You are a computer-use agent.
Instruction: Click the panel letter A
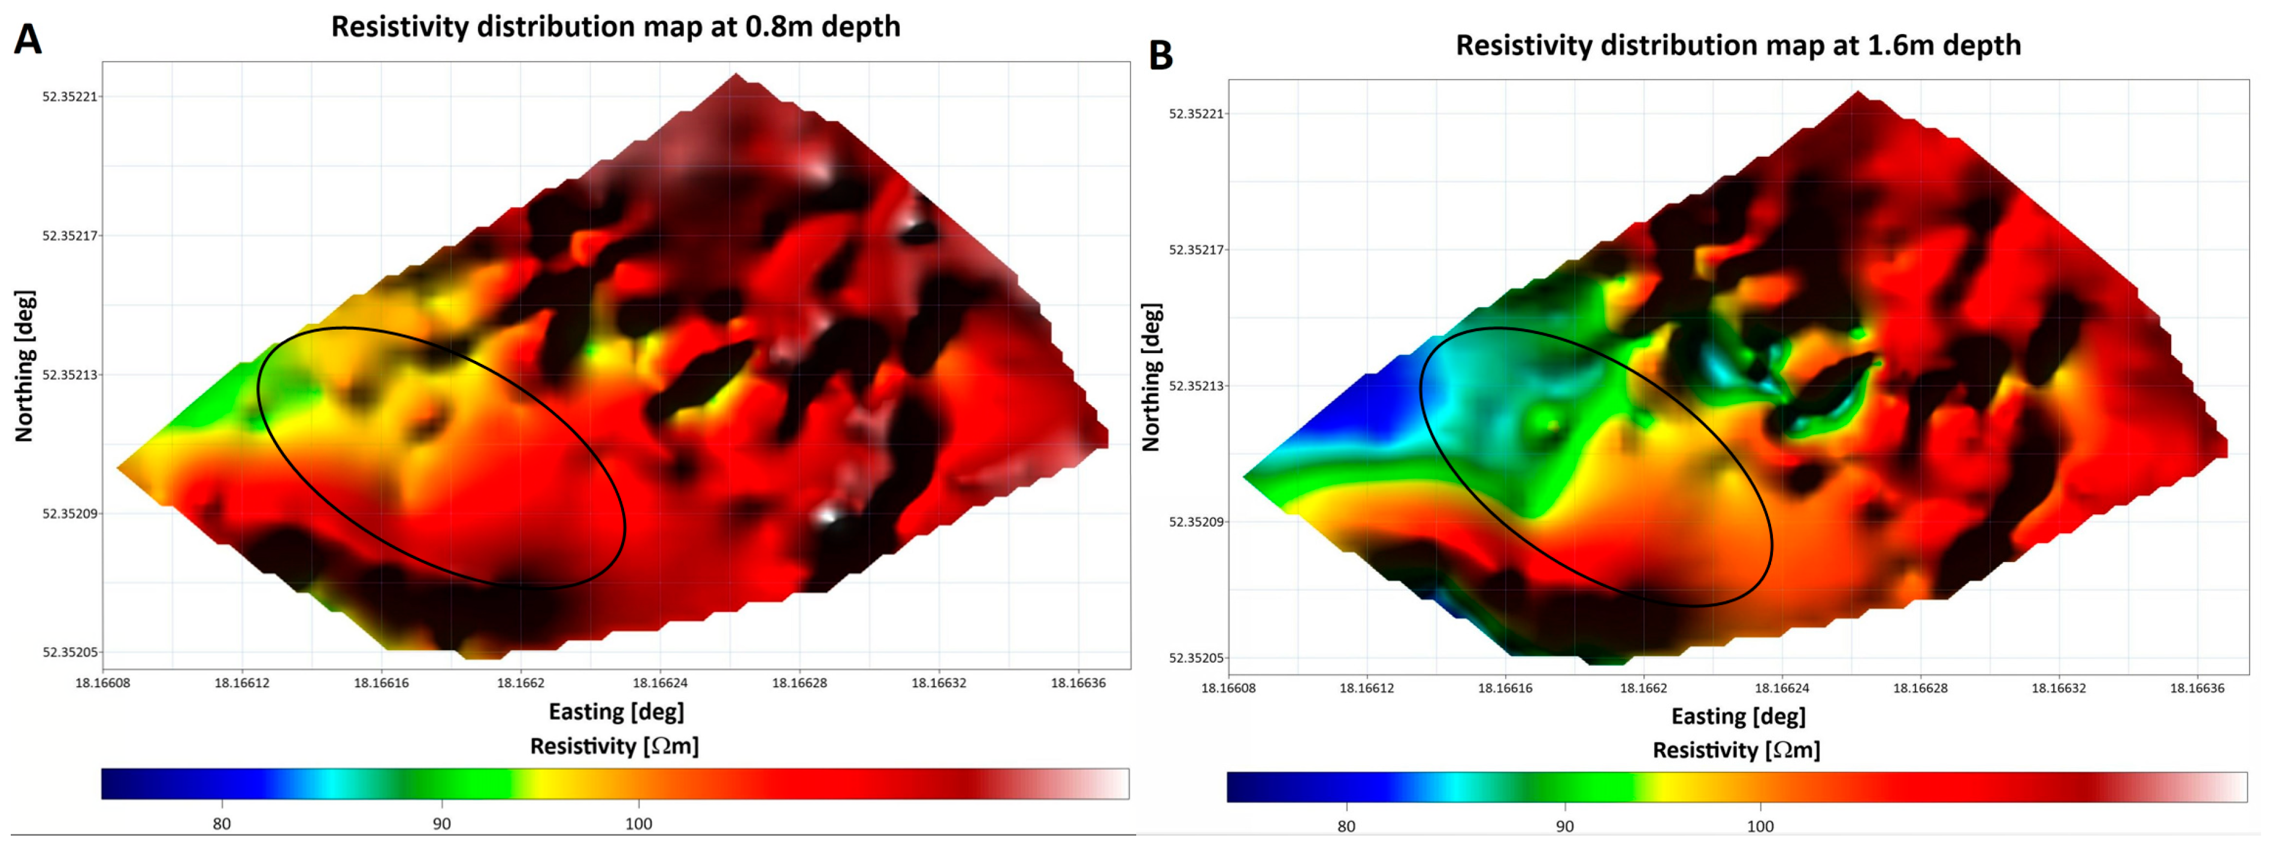28,39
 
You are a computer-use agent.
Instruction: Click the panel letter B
1161,56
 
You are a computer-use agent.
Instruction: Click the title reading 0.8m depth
615,26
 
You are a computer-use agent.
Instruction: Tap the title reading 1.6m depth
1738,45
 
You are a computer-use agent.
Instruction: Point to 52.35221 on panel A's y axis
71,97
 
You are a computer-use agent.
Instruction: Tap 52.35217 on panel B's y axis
1197,250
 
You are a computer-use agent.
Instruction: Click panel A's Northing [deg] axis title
25,366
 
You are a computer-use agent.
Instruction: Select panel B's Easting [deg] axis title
1738,717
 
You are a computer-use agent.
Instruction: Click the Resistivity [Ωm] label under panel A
614,746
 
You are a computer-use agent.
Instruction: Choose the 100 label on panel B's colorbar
1760,827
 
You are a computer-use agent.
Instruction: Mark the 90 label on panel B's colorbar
1564,827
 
